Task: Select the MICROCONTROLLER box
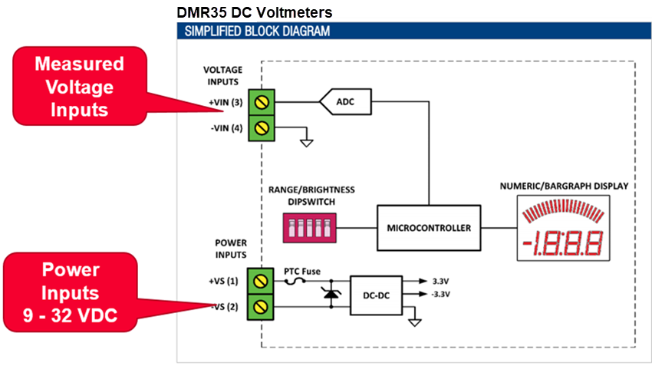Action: [x=428, y=228]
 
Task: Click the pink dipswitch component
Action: [x=307, y=228]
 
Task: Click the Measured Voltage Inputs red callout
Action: [x=79, y=86]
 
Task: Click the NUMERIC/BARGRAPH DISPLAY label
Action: [x=564, y=185]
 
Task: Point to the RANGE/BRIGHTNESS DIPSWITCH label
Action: [x=310, y=196]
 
